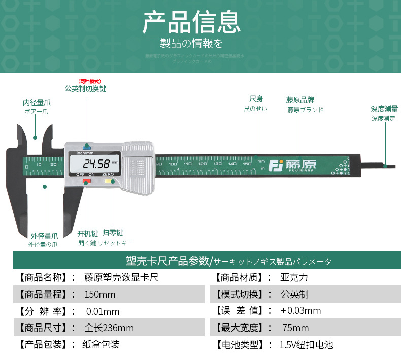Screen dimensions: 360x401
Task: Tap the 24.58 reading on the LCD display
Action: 96,164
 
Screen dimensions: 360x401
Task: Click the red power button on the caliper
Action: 87,180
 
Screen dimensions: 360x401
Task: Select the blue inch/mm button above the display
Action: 89,147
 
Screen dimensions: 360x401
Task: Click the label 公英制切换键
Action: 85,88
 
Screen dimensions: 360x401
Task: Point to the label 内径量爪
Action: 37,102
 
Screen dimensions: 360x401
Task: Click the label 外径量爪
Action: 44,236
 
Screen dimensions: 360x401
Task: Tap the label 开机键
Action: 87,234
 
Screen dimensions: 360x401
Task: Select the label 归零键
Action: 112,233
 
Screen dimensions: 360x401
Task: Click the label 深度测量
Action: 384,109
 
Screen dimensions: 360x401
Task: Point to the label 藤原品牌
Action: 300,100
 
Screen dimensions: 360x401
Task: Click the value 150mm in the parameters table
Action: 100,295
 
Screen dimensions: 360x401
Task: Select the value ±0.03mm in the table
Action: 300,311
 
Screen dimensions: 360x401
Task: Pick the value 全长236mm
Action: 109,328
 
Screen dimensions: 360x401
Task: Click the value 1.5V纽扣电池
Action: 306,345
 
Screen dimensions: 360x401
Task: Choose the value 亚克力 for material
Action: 294,278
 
